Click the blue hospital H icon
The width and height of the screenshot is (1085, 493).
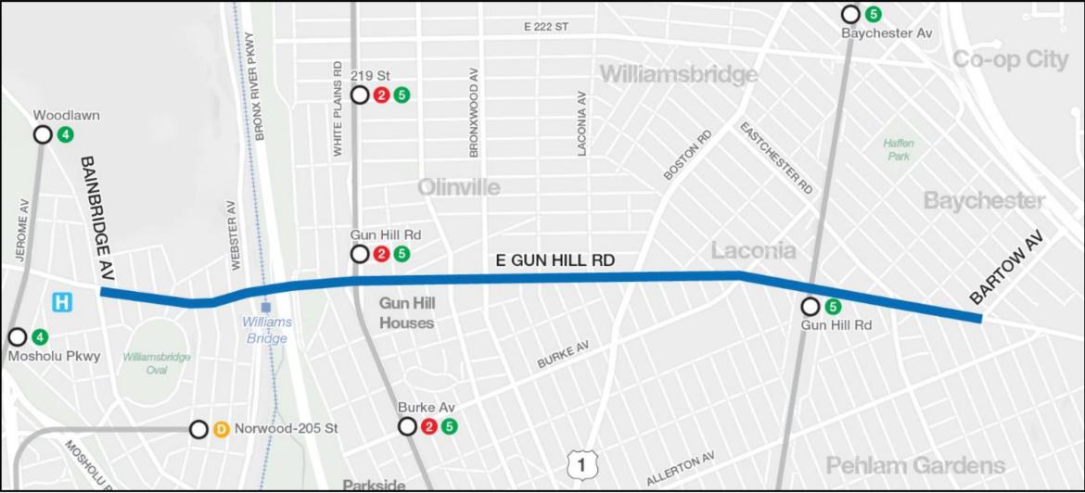[63, 301]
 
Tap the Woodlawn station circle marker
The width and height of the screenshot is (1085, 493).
[43, 134]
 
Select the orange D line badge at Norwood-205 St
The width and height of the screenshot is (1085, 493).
[221, 429]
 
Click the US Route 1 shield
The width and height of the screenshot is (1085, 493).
[580, 464]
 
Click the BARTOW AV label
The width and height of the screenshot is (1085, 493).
[1007, 268]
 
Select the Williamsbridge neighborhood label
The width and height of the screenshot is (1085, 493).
[678, 74]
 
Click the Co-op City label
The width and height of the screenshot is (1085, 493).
[1010, 59]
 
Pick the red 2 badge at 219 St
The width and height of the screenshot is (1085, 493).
[381, 95]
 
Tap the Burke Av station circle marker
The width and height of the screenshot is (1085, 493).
[407, 426]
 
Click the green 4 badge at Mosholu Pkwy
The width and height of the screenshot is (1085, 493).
[39, 336]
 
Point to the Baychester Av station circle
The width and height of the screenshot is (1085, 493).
[850, 14]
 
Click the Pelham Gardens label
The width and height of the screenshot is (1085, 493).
[915, 464]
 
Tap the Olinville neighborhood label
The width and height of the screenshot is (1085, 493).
[458, 187]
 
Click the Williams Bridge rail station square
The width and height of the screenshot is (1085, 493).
[266, 306]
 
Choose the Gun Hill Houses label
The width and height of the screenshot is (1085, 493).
[406, 312]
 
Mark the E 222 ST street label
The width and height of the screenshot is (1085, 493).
[545, 27]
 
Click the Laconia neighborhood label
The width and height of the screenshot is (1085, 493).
[753, 250]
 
